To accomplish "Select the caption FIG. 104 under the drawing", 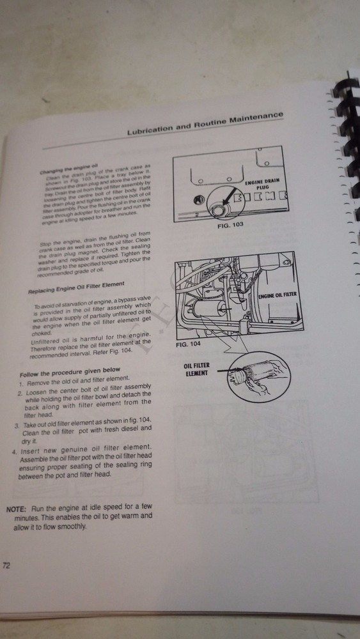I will pyautogui.click(x=188, y=344).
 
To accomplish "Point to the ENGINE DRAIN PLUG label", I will pyautogui.click(x=259, y=185).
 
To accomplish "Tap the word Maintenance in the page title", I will pyautogui.click(x=255, y=116).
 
